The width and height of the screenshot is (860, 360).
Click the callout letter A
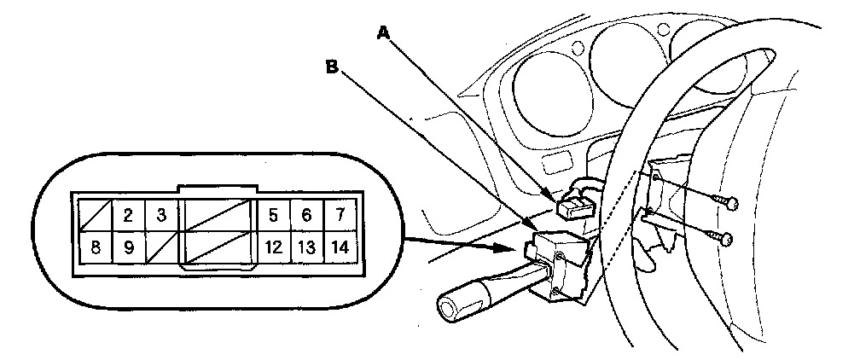coord(383,32)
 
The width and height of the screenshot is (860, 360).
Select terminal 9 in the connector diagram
coord(127,248)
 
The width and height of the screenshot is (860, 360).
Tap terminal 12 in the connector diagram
coord(274,248)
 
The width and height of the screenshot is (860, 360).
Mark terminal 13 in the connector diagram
coord(306,248)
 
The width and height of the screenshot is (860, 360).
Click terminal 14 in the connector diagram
coord(340,248)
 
